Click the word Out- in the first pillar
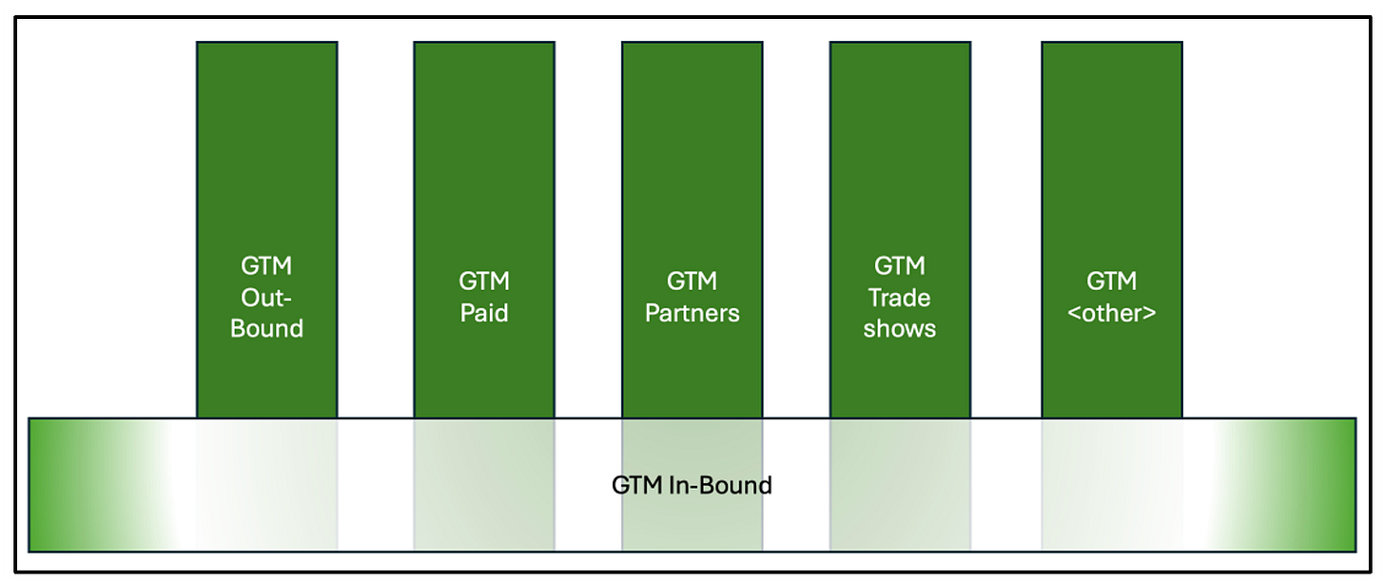(x=266, y=298)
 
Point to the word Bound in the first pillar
(x=266, y=329)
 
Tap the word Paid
(x=484, y=313)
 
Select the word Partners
(x=692, y=313)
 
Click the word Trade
(x=900, y=298)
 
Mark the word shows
(x=900, y=329)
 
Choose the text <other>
(x=1112, y=313)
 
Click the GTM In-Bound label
(x=692, y=486)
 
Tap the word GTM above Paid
(x=484, y=281)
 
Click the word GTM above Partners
(x=692, y=281)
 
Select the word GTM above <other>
(x=1112, y=281)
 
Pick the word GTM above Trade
(x=900, y=266)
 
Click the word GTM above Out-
(x=266, y=266)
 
